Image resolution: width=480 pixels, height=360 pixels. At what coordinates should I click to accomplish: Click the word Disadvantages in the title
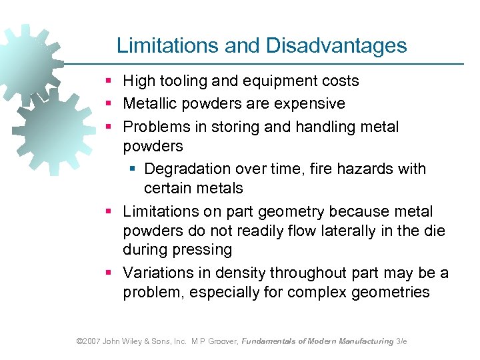click(x=336, y=45)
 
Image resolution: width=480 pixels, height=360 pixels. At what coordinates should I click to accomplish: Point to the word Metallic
click(x=150, y=104)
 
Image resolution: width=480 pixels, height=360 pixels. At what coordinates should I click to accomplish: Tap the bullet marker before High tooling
click(x=109, y=81)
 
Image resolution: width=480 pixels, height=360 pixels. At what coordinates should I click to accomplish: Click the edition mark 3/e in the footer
click(x=401, y=341)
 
